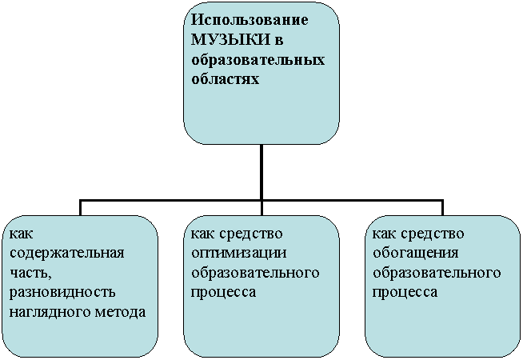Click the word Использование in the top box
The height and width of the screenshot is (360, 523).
[250, 20]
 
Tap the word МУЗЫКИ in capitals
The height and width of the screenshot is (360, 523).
[230, 40]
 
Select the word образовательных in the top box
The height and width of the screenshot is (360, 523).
[258, 61]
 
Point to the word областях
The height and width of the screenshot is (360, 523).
[226, 80]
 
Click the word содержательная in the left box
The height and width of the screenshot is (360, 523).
[66, 254]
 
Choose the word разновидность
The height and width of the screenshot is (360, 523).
[62, 293]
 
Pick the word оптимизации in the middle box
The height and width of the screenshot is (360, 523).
[239, 254]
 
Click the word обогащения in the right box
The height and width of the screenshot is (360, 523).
[415, 254]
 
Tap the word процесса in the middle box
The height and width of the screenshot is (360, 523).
[223, 294]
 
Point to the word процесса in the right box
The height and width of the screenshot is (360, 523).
[405, 294]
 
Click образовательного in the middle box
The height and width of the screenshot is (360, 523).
[255, 274]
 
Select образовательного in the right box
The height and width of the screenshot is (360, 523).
[437, 274]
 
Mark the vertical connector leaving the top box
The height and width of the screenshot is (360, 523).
[261, 172]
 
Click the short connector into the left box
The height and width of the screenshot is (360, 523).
[80, 207]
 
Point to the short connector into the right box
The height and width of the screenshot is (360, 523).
[442, 207]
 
